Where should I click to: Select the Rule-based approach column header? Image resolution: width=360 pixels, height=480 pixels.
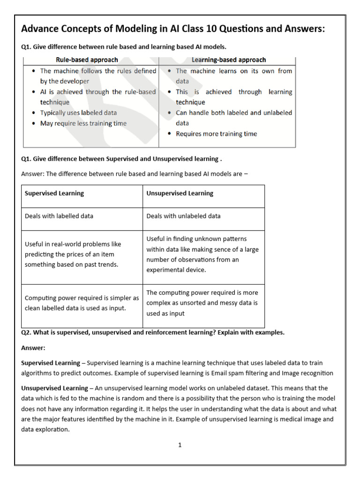87,60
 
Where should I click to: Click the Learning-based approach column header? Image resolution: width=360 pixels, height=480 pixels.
229,60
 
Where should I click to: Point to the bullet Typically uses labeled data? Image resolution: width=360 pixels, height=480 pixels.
78,113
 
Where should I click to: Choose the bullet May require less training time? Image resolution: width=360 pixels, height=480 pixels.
83,123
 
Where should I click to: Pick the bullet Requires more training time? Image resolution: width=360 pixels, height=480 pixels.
216,134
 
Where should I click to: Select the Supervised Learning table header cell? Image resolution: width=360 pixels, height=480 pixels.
54,193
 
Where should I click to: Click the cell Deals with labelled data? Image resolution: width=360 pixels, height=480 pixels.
59,216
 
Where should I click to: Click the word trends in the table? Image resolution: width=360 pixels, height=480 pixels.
109,265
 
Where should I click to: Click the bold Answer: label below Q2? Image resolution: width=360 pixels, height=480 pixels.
33,348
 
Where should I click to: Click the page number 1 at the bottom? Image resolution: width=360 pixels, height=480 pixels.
180,445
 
